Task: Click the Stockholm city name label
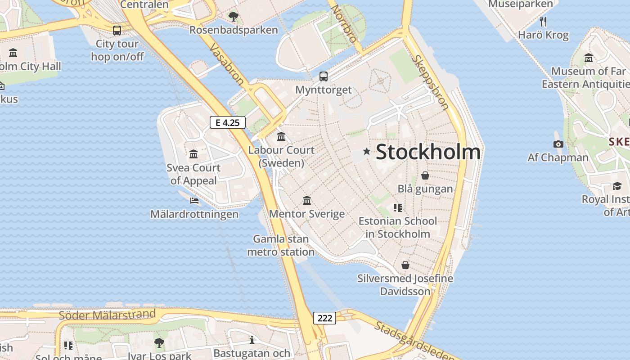point(428,152)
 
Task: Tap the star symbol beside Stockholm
point(367,152)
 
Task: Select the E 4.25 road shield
point(228,122)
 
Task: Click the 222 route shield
point(324,318)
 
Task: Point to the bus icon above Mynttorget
point(324,76)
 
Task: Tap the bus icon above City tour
point(117,30)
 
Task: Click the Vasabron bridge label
point(227,65)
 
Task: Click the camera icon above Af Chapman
point(558,144)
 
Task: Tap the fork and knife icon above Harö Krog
point(543,21)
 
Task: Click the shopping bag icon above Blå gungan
point(425,175)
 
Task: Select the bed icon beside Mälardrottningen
point(194,200)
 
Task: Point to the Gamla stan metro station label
point(281,245)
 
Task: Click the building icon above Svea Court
point(193,154)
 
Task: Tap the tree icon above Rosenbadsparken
point(233,17)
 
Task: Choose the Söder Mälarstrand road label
point(108,315)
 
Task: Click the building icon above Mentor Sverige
point(307,200)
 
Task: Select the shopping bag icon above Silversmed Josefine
point(405,265)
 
